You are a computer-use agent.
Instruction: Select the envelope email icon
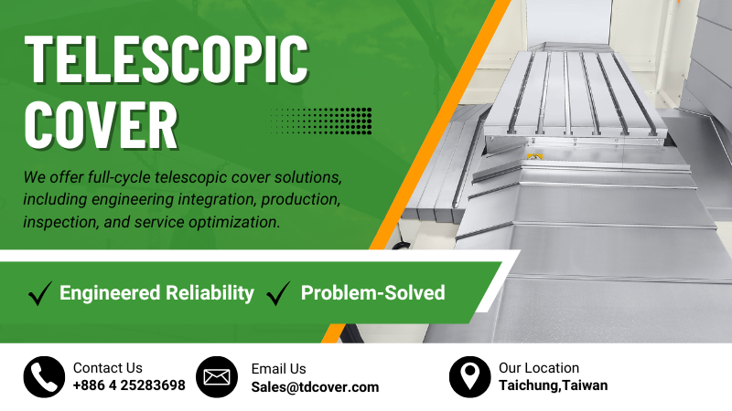[x=217, y=376]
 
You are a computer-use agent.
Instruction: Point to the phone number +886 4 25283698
[x=129, y=385]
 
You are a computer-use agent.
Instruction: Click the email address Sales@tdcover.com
[x=315, y=386]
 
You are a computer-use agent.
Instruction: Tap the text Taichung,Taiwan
[x=553, y=385]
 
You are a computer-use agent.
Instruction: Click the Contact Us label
[x=108, y=368]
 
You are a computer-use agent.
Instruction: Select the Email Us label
[x=278, y=369]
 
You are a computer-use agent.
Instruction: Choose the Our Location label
[x=539, y=368]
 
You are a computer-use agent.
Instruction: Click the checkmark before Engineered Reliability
[x=39, y=293]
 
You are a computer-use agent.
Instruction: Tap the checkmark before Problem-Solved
[x=278, y=293]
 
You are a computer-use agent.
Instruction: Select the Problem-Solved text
[x=372, y=293]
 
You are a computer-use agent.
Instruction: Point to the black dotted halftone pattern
[x=321, y=120]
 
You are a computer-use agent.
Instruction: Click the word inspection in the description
[x=59, y=222]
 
